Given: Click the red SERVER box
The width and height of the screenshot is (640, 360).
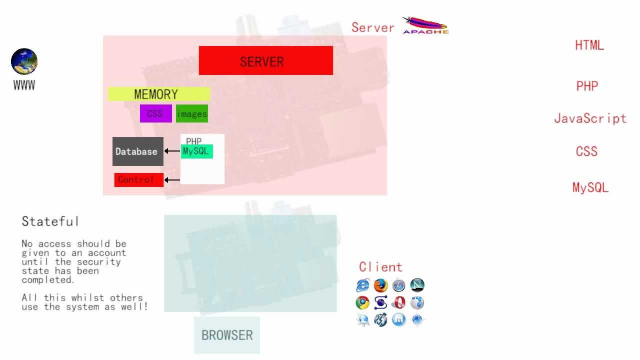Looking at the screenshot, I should pos(265,60).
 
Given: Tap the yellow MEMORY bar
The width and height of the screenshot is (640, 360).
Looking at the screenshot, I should pos(159,94).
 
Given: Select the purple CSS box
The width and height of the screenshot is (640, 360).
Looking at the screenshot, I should pos(155,113).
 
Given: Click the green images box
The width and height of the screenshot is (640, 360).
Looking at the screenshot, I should pos(192,114).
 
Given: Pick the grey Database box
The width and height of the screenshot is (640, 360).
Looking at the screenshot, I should pos(137,151).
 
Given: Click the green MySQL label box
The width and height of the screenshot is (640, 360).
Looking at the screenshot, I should pos(197,151).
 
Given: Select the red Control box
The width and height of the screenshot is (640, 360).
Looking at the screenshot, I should pos(138,180).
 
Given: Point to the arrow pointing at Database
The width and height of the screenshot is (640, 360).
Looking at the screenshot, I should pos(172,151).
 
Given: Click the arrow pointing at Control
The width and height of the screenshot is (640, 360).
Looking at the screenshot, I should pos(172,179).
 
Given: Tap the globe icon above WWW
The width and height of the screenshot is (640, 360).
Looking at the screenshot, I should pos(24,61).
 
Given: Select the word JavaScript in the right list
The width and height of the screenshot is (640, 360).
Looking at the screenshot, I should pos(590,118).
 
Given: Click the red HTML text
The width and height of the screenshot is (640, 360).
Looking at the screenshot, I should pos(589,45).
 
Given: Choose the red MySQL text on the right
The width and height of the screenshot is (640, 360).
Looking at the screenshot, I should pos(590,187).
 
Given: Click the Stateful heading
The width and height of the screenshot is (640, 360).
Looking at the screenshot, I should pos(50,221).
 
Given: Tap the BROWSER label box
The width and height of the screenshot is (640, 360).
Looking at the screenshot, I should pos(227,335).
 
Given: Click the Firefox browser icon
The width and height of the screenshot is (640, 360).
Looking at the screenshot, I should pos(381,285).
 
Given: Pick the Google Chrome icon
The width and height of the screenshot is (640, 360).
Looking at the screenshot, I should pos(362,303).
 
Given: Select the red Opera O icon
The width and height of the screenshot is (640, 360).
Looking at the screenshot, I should pos(398,303).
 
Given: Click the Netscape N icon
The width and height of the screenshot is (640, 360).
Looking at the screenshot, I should pos(417,285).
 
